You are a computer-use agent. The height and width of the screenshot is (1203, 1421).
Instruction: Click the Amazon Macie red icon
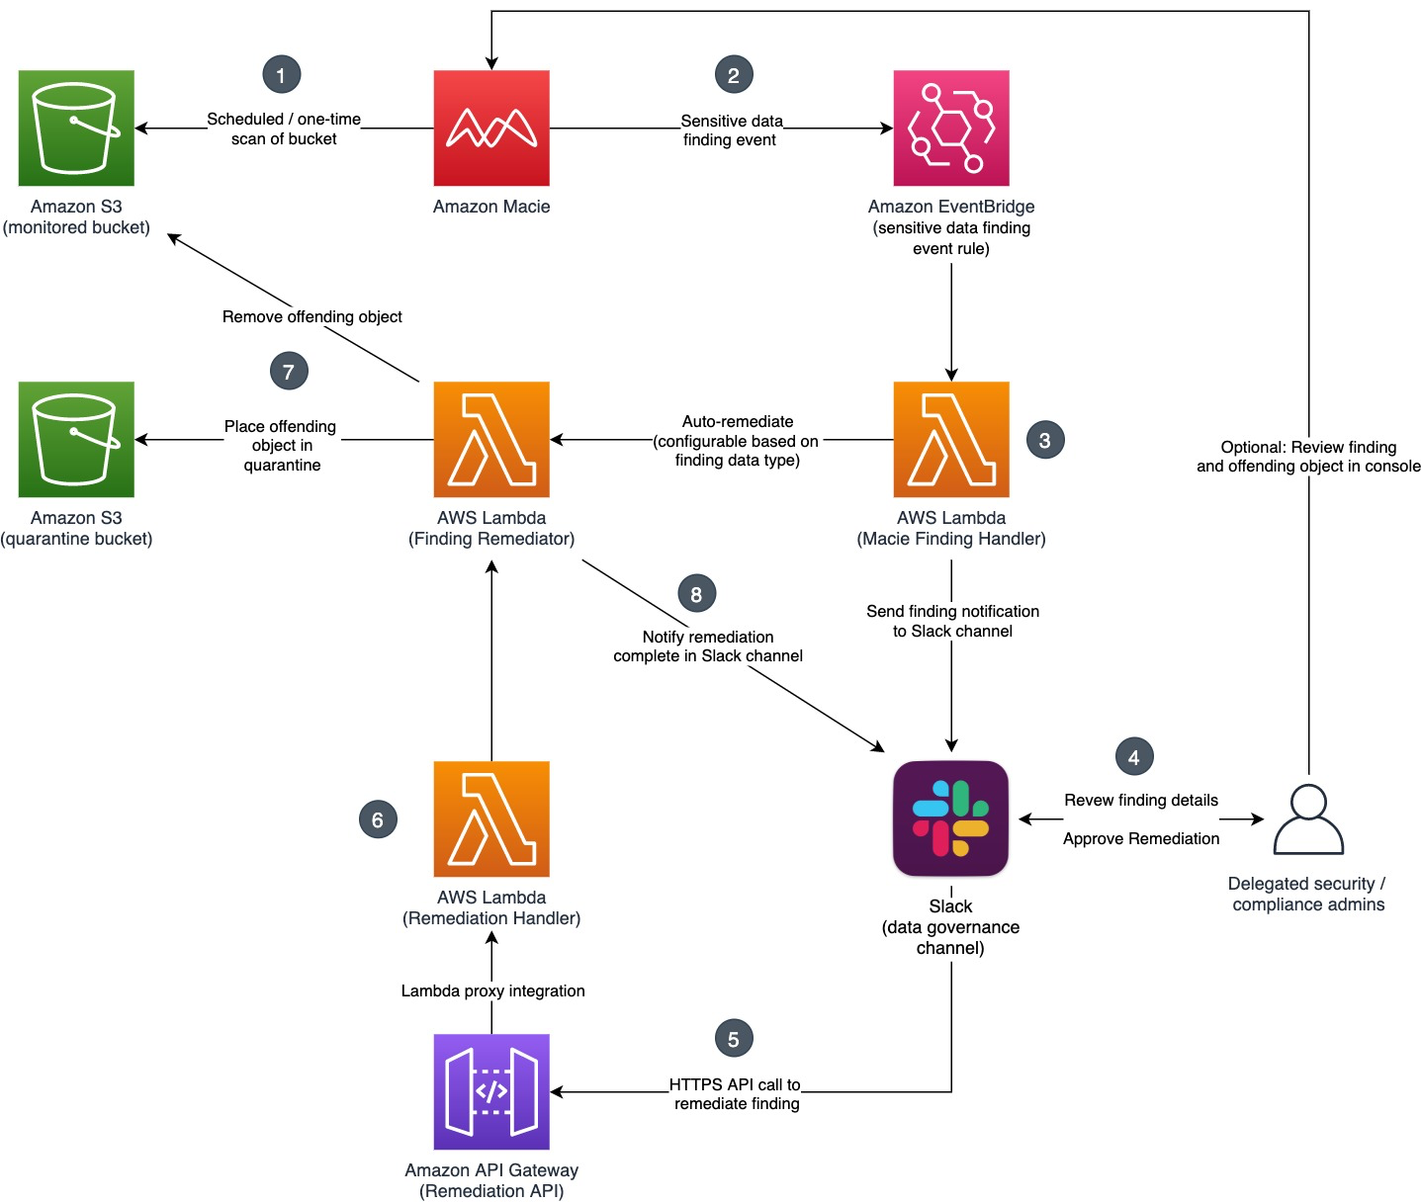(x=491, y=128)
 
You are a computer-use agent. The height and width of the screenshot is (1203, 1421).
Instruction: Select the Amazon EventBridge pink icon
(x=951, y=128)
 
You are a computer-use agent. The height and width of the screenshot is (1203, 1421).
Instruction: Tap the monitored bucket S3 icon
(x=76, y=128)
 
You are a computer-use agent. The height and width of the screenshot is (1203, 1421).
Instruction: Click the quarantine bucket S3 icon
(x=76, y=439)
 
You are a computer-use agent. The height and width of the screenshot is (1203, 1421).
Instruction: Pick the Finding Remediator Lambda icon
(x=491, y=439)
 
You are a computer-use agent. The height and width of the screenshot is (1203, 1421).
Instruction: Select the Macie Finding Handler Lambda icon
(x=951, y=439)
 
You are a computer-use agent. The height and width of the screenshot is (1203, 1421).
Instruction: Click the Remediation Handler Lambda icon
(x=491, y=818)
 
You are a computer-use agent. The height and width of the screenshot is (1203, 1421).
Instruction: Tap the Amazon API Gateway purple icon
(x=491, y=1091)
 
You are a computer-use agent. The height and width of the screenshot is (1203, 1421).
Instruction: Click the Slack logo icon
(x=950, y=818)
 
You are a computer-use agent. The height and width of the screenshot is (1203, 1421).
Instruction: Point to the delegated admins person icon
(x=1308, y=819)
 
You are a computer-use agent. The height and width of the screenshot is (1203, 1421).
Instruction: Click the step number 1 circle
(x=281, y=75)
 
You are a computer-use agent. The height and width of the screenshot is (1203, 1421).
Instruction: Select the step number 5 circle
(x=734, y=1039)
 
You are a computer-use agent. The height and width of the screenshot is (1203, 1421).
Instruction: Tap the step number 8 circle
(x=696, y=594)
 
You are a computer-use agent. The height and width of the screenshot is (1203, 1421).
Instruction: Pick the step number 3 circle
(x=1045, y=440)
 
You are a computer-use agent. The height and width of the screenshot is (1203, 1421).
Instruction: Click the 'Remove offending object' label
(x=312, y=316)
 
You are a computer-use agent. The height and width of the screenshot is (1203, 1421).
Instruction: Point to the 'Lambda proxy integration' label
(x=492, y=990)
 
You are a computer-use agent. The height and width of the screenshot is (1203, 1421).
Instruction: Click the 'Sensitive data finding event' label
(x=731, y=129)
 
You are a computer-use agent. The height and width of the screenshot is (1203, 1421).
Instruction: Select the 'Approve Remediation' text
(x=1141, y=838)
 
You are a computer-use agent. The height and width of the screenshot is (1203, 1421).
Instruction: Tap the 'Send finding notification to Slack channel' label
(x=952, y=621)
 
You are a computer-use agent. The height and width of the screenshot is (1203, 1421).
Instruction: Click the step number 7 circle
(x=289, y=372)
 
